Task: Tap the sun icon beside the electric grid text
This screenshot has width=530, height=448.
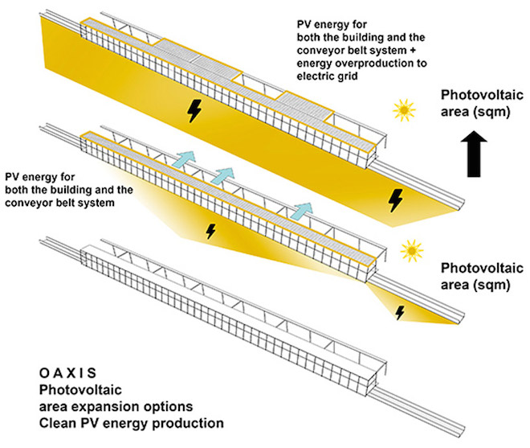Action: pos(402,109)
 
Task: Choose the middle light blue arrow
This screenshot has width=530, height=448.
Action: pos(225,175)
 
